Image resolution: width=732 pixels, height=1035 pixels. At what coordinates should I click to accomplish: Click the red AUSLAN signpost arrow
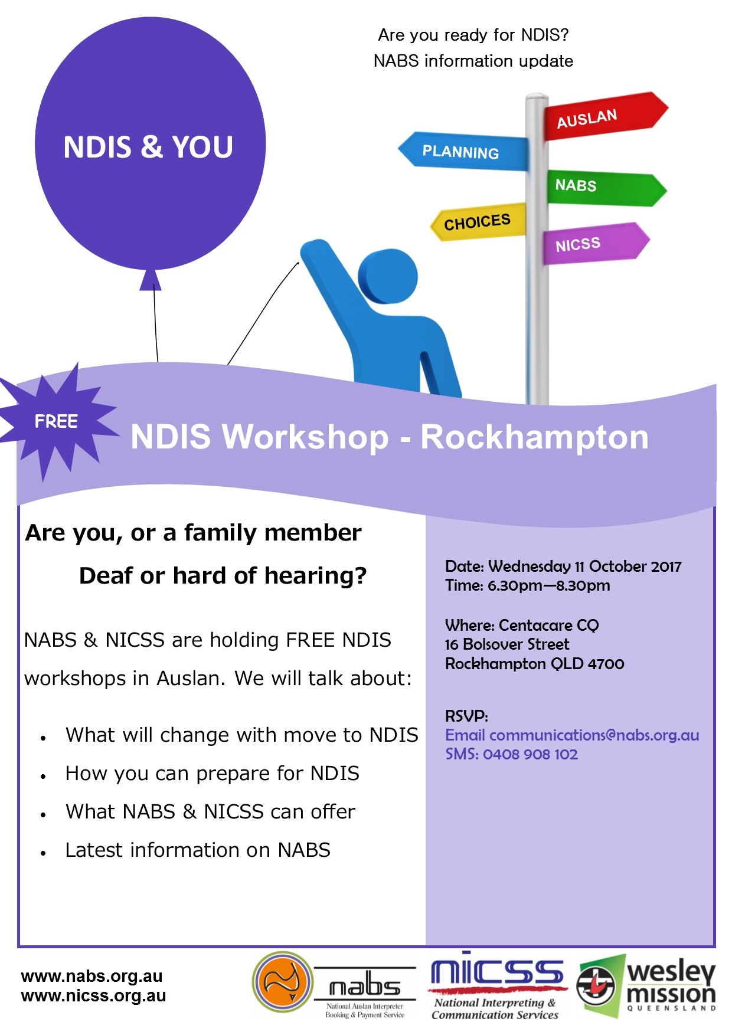click(605, 116)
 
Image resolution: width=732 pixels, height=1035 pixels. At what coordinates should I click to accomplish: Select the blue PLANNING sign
click(463, 152)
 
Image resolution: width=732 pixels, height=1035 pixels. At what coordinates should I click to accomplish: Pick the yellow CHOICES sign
click(478, 222)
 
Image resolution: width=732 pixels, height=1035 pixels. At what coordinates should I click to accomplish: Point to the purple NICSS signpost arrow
click(596, 243)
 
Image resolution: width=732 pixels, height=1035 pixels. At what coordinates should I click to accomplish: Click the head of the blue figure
click(388, 276)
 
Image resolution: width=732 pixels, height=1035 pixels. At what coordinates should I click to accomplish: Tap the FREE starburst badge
click(56, 421)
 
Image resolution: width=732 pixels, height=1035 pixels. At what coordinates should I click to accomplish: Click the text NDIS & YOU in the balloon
click(148, 147)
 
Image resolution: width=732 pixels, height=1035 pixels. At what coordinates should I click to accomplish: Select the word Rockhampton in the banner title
click(534, 437)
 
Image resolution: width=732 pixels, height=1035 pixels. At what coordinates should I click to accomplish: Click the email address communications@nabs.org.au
click(594, 735)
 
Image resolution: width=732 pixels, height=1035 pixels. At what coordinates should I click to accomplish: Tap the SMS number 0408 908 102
click(530, 754)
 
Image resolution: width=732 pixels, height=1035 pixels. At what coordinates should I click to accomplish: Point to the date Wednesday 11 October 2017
click(585, 566)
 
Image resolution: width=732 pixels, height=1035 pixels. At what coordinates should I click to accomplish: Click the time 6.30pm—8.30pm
click(549, 585)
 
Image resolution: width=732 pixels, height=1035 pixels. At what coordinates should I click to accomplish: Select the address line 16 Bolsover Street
click(507, 644)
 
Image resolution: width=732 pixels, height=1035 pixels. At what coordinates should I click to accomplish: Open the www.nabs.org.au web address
click(91, 976)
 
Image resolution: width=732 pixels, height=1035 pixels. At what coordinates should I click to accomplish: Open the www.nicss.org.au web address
click(93, 996)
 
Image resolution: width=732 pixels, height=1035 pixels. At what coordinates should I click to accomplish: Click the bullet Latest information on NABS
click(198, 850)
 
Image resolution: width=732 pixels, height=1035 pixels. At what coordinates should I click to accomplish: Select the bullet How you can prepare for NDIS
click(213, 773)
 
